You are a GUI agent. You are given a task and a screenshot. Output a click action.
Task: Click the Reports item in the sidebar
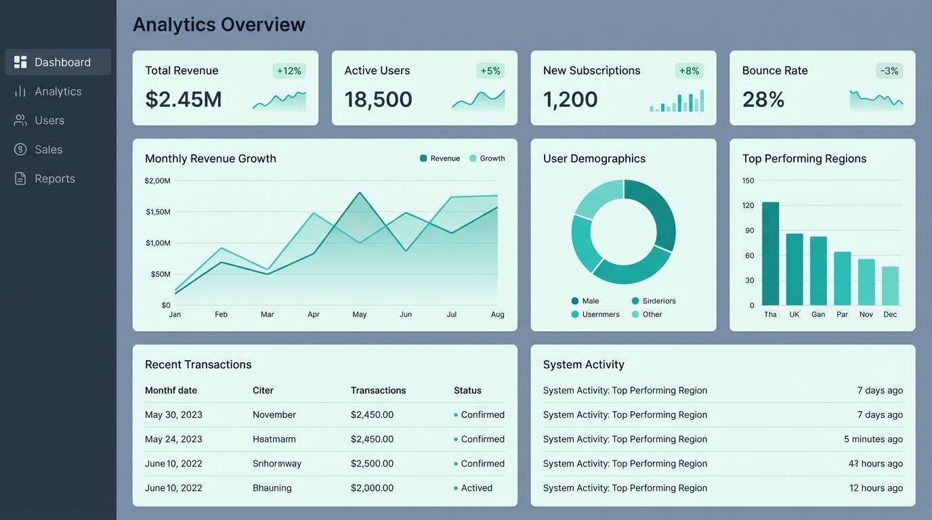[54, 179]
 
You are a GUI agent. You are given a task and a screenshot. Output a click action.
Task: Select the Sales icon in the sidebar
[20, 150]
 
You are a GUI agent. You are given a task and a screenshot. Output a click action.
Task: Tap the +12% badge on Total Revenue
[289, 70]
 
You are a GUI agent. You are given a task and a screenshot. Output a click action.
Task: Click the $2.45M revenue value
[184, 100]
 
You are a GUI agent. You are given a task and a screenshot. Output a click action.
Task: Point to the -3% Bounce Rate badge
[889, 70]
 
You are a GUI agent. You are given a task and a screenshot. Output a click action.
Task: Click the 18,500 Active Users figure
[378, 100]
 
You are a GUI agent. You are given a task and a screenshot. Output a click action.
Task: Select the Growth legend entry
[487, 158]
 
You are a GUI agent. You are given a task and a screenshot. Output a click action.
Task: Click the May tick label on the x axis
[360, 314]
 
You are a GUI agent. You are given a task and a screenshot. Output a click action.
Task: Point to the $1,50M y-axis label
[158, 212]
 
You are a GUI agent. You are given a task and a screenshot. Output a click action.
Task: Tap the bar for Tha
[770, 254]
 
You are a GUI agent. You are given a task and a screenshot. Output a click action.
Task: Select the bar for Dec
[890, 286]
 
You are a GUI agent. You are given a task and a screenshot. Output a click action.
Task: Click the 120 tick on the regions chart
[748, 206]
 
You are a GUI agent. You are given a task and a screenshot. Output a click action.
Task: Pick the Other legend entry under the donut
[647, 314]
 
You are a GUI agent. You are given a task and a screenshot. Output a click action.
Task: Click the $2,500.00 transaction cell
[372, 464]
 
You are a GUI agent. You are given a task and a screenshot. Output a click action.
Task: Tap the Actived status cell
[476, 488]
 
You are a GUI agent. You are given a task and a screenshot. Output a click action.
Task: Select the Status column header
[467, 391]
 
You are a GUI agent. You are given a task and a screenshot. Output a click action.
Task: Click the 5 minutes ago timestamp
[873, 439]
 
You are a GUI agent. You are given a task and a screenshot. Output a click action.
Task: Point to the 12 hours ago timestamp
[876, 488]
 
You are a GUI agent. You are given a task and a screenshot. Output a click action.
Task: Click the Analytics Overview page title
[219, 24]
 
